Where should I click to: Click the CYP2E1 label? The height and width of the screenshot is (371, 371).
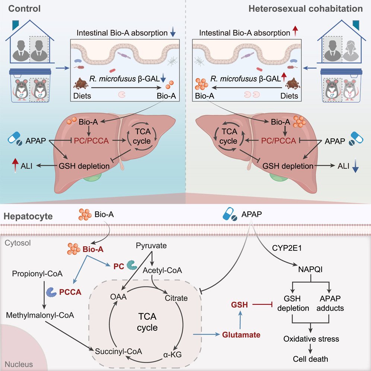(286, 248)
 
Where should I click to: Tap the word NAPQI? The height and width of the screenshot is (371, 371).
(310, 269)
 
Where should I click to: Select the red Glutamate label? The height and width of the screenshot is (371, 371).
(241, 335)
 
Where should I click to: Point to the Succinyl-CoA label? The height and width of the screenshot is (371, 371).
(118, 351)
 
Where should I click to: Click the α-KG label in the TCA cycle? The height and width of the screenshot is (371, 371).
(172, 355)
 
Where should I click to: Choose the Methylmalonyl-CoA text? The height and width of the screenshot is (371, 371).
(40, 315)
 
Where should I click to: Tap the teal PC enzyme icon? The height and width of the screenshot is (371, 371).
(132, 265)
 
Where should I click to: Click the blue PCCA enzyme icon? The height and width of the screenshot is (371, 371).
(51, 292)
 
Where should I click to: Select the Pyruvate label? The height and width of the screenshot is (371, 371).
(151, 246)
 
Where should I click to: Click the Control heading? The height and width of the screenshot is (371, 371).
(24, 9)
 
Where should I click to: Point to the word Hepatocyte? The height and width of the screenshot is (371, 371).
(28, 216)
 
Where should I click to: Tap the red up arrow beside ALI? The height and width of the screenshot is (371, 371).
(15, 165)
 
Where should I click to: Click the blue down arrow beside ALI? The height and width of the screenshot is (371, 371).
(355, 166)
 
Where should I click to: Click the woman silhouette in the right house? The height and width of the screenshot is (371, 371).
(350, 51)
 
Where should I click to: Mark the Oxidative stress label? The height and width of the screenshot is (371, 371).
(311, 339)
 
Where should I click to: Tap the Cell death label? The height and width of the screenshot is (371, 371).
(310, 359)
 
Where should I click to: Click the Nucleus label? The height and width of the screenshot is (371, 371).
(19, 364)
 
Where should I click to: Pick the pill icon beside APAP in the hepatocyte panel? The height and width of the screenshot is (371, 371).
(230, 214)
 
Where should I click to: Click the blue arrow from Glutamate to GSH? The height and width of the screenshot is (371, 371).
(240, 320)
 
